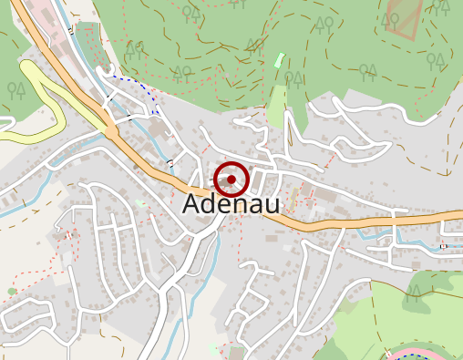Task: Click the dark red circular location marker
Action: (x=232, y=180)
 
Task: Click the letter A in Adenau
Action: (x=192, y=204)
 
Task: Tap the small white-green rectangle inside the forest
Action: (x=279, y=60)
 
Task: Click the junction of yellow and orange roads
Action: (x=110, y=132)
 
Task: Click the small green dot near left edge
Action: (x=12, y=292)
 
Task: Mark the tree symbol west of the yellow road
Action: (x=16, y=89)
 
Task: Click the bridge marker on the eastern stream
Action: (x=443, y=246)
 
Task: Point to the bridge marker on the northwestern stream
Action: (x=71, y=30)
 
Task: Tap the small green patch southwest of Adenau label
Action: (x=139, y=202)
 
